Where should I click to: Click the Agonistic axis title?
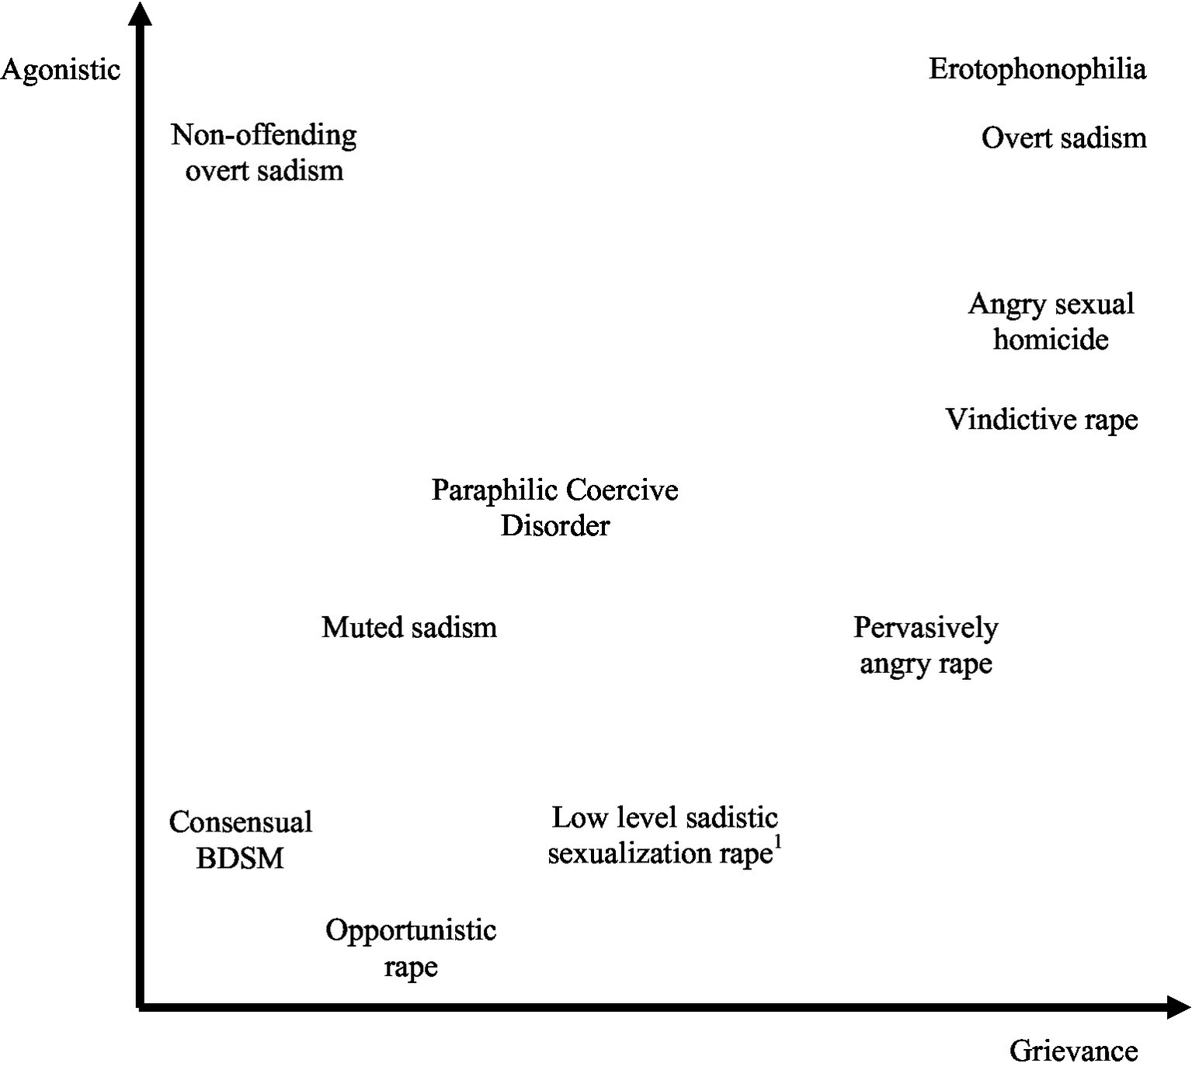pyautogui.click(x=61, y=70)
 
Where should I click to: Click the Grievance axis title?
pyautogui.click(x=1073, y=1051)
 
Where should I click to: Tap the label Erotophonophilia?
pyautogui.click(x=1037, y=69)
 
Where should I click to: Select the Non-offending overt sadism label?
pyautogui.click(x=264, y=152)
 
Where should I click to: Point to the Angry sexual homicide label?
pyautogui.click(x=1051, y=321)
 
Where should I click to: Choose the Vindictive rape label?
pyautogui.click(x=1041, y=420)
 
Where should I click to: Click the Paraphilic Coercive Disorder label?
pyautogui.click(x=554, y=507)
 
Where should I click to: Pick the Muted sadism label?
pyautogui.click(x=409, y=627)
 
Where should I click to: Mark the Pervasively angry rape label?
pyautogui.click(x=926, y=645)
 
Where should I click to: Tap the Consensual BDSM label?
pyautogui.click(x=241, y=840)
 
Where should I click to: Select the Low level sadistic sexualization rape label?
pyautogui.click(x=664, y=835)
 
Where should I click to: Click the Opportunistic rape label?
pyautogui.click(x=411, y=948)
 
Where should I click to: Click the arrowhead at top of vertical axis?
pyautogui.click(x=140, y=13)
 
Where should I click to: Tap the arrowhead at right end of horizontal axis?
pyautogui.click(x=1179, y=1007)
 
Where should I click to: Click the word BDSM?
pyautogui.click(x=240, y=859)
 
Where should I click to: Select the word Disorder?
pyautogui.click(x=555, y=526)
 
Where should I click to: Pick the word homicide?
pyautogui.click(x=1051, y=340)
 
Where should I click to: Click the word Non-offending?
pyautogui.click(x=264, y=135)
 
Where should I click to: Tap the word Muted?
pyautogui.click(x=359, y=627)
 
